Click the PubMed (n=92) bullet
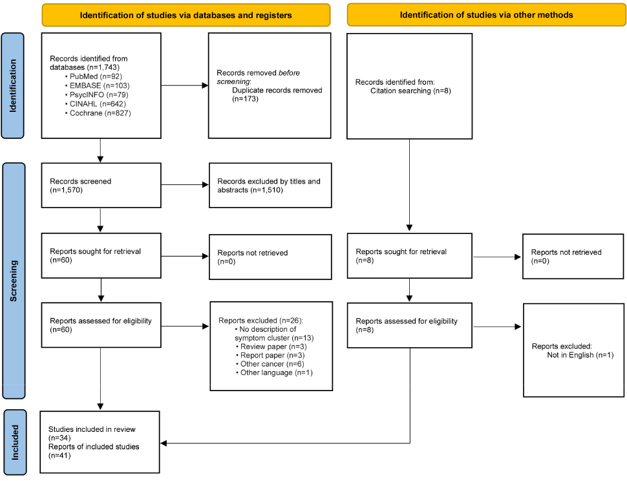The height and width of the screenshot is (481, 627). [94, 76]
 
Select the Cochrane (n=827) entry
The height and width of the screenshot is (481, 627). [98, 113]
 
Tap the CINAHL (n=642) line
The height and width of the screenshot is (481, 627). [95, 104]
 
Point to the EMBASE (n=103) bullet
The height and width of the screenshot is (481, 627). [97, 85]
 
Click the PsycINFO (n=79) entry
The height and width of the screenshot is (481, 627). [96, 95]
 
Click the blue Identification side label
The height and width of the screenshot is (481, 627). [13, 85]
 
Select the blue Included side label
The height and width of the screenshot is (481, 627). [15, 442]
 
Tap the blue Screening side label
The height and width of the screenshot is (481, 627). [14, 281]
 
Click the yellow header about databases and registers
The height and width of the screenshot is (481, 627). [186, 16]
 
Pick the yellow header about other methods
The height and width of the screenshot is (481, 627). [486, 15]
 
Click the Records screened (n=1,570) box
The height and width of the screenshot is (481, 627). [101, 185]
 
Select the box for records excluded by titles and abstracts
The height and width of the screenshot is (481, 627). [270, 185]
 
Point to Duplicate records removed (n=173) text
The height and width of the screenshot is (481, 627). [277, 94]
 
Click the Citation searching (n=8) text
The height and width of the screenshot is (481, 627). [410, 91]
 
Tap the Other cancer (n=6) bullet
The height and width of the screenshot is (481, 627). [270, 364]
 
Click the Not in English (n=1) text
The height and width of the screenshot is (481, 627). [580, 355]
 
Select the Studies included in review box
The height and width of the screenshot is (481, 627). [100, 442]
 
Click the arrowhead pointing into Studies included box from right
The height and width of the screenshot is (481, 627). [164, 443]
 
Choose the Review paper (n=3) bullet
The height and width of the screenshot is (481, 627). [271, 347]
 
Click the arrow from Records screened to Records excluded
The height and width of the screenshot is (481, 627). [185, 185]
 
